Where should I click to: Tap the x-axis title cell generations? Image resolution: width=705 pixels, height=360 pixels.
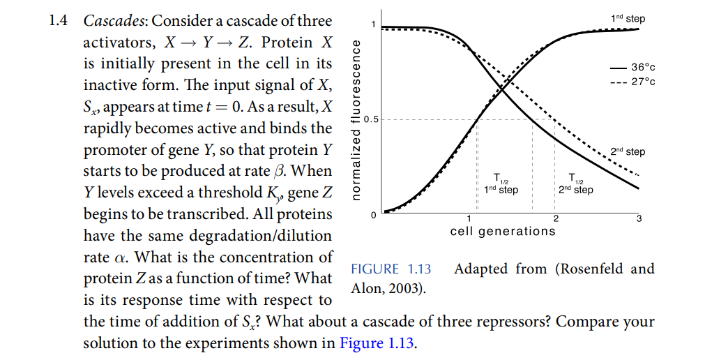click(x=503, y=231)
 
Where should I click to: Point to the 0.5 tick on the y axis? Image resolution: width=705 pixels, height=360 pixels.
click(x=370, y=119)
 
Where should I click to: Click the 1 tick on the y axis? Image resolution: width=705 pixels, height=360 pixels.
click(x=374, y=26)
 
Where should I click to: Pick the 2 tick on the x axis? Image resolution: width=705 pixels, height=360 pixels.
click(x=555, y=220)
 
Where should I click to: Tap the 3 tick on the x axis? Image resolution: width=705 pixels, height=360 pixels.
click(x=639, y=220)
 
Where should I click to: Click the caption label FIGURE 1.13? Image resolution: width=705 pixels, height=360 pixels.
click(x=391, y=269)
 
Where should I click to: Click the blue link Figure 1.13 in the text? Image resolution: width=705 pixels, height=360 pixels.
click(x=377, y=343)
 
